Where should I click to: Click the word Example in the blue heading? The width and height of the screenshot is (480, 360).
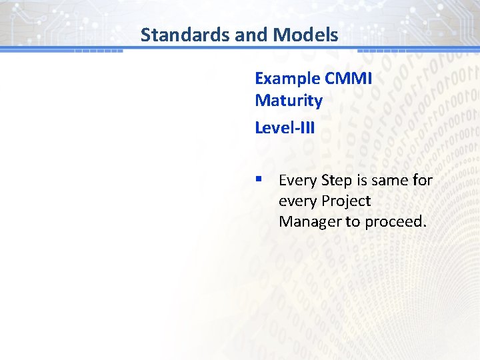coord(287,79)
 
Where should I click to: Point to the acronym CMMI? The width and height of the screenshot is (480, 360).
coord(348,79)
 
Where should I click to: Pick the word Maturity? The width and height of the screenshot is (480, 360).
coord(289,101)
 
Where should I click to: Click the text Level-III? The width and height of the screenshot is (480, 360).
coord(285,127)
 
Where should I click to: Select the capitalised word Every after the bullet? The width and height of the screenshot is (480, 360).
coord(297,181)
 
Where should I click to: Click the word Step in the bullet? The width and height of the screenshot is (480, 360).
coord(336,181)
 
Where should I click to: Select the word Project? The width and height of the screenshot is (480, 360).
coord(346,201)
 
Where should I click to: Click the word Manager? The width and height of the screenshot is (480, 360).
coord(309,221)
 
